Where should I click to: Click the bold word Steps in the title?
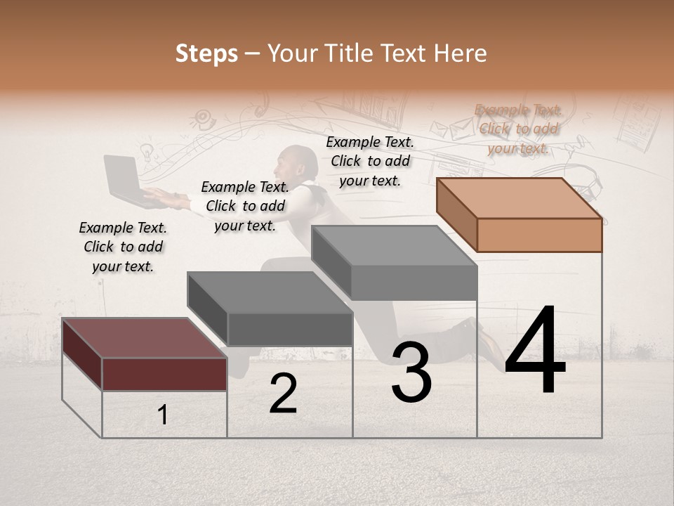(x=206, y=53)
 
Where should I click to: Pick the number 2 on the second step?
(x=283, y=394)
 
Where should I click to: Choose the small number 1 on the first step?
(x=163, y=415)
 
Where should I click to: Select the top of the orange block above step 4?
(x=520, y=198)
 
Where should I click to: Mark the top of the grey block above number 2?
(x=270, y=292)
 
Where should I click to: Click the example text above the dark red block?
(x=123, y=247)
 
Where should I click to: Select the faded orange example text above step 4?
(x=518, y=129)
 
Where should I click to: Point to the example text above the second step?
(x=245, y=206)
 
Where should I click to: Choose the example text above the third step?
(x=370, y=161)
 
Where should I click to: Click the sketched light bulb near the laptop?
(x=147, y=150)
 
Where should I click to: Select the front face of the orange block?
(x=539, y=235)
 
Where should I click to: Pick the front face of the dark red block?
(x=164, y=373)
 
